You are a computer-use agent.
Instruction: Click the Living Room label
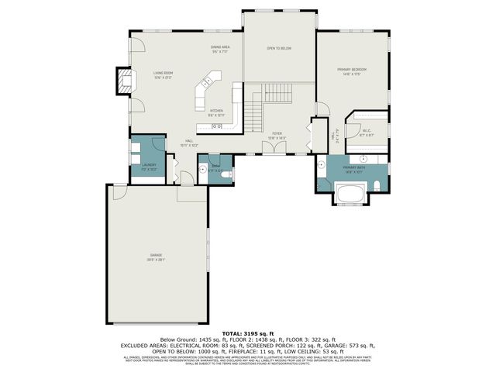(x=162, y=74)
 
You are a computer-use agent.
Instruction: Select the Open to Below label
(x=279, y=48)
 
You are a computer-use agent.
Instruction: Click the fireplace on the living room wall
(x=122, y=81)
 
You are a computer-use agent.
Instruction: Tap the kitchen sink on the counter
(x=217, y=126)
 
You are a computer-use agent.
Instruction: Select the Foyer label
(x=277, y=135)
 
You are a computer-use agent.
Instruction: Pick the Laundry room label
(x=150, y=166)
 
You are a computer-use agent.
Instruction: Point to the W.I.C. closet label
(x=367, y=133)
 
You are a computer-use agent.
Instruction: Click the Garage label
(x=157, y=257)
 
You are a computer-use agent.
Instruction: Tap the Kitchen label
(x=216, y=112)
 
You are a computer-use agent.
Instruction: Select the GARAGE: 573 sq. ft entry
(x=356, y=345)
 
